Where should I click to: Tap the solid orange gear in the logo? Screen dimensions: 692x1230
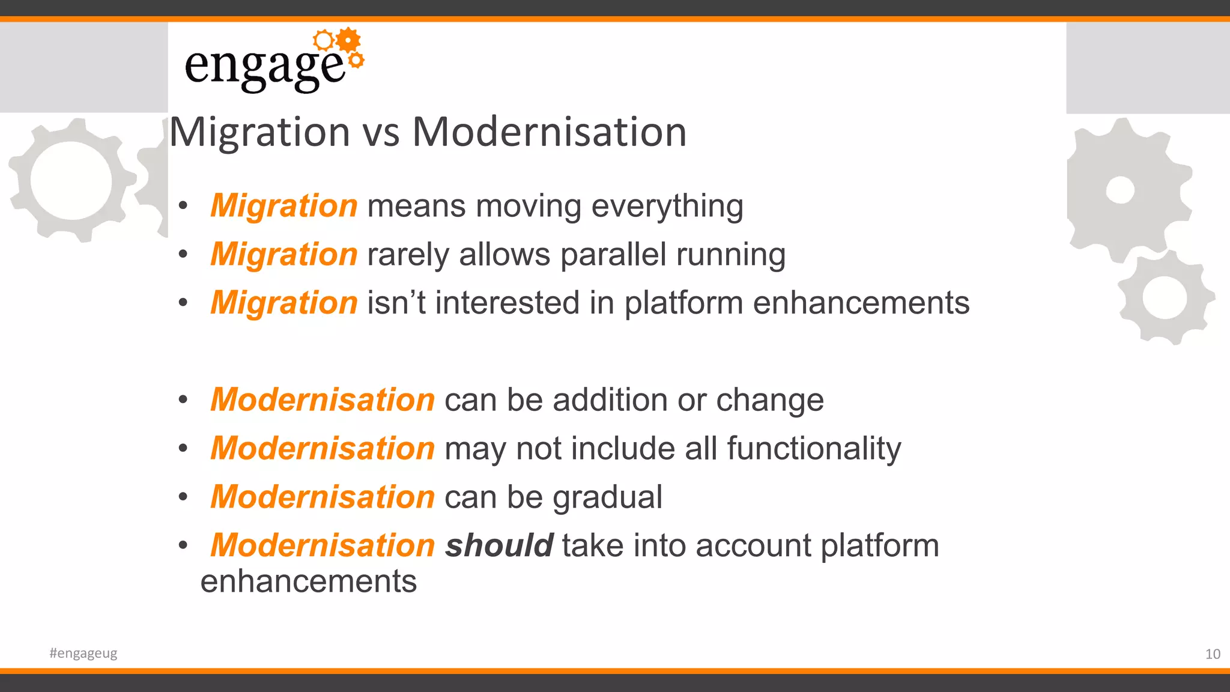(348, 40)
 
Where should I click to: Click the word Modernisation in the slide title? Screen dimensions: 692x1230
(549, 132)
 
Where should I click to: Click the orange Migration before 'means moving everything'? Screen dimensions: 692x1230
(284, 206)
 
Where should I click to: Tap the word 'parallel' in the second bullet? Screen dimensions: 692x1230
(613, 255)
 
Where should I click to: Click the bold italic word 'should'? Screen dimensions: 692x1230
(498, 546)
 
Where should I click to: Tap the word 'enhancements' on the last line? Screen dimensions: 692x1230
(309, 582)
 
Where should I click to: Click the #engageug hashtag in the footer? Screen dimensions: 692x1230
(83, 654)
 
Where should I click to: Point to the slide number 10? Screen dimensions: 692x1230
(1213, 654)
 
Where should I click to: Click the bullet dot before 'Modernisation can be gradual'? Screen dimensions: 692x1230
(183, 497)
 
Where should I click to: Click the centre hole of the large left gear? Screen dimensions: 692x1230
(71, 180)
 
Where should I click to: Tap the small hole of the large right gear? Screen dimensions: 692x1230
(1120, 190)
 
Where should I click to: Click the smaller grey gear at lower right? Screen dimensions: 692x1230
(1165, 297)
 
